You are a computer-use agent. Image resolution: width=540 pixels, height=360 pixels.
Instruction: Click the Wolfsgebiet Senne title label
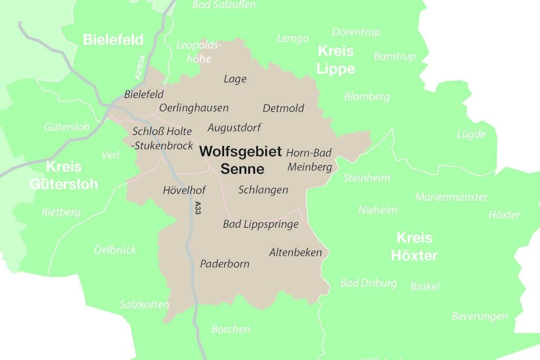pos(240,160)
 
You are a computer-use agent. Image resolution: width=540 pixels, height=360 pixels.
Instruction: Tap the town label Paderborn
pos(225,264)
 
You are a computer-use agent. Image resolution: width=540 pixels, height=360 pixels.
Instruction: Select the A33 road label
pos(198,207)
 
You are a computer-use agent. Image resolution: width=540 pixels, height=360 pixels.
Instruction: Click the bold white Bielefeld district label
pos(113,40)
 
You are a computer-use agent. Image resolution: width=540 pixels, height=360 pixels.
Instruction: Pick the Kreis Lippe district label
pos(336,60)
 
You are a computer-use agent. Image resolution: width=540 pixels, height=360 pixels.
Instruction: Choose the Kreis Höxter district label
pos(414,247)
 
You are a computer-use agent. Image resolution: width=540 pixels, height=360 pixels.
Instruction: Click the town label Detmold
pos(283,109)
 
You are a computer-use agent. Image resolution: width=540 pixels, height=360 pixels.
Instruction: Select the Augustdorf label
pos(234,128)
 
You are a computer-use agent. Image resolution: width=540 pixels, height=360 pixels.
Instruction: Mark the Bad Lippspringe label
pos(261,225)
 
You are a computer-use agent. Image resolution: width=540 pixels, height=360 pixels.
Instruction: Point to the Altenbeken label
pos(295,252)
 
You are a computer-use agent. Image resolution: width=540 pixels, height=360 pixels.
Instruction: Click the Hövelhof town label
pos(184,190)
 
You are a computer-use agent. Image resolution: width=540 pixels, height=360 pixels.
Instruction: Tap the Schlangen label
pos(263,190)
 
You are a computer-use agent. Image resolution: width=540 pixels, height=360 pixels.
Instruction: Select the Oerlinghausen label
pos(194,108)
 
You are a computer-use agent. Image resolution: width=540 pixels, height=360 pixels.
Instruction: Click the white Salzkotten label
pos(144,305)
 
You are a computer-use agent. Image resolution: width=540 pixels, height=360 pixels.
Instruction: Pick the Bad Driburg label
pos(368,283)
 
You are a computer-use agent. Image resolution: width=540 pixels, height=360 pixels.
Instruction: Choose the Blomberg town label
pos(367,97)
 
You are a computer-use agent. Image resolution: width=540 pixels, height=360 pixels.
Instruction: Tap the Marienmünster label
pos(451,197)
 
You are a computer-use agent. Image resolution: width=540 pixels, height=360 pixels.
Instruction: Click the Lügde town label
pos(471,134)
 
